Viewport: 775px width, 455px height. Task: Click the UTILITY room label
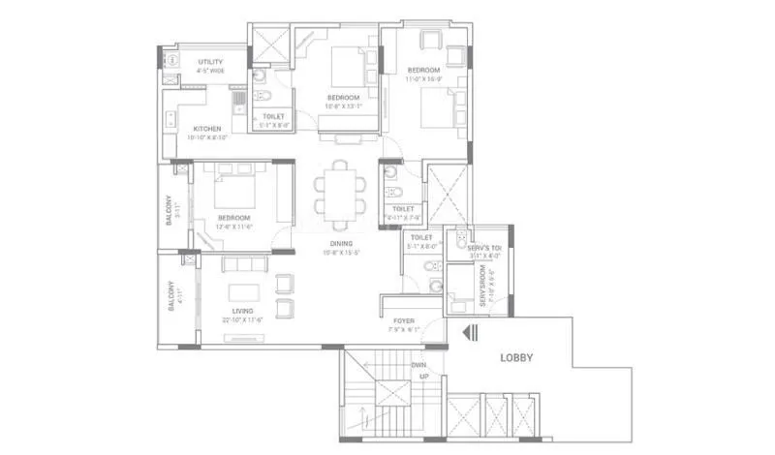(209, 62)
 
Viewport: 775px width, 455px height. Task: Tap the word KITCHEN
(206, 129)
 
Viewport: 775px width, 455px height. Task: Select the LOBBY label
(516, 357)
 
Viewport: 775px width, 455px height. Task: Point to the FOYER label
(404, 319)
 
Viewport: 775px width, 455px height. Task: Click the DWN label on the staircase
(418, 365)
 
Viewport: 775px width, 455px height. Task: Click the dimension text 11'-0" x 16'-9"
(423, 79)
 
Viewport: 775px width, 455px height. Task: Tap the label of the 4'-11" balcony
(170, 295)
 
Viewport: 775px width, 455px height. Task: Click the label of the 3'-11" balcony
(169, 211)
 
